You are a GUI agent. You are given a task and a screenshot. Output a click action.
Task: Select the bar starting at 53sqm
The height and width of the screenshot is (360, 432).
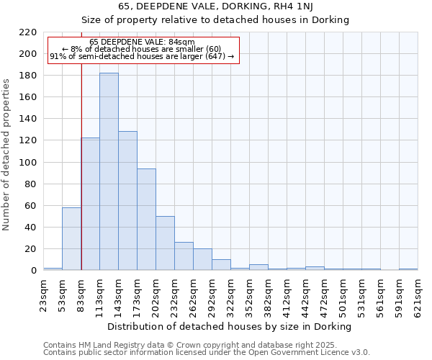(71, 238)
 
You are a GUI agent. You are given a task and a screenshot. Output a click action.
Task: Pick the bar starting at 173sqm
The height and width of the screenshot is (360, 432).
(146, 219)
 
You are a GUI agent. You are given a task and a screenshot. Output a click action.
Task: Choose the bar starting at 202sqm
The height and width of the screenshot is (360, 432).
(165, 243)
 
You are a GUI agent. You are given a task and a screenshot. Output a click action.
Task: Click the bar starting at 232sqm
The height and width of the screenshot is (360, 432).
(184, 256)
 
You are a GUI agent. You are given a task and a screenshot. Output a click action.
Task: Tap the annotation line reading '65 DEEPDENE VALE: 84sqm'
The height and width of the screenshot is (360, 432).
(142, 42)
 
